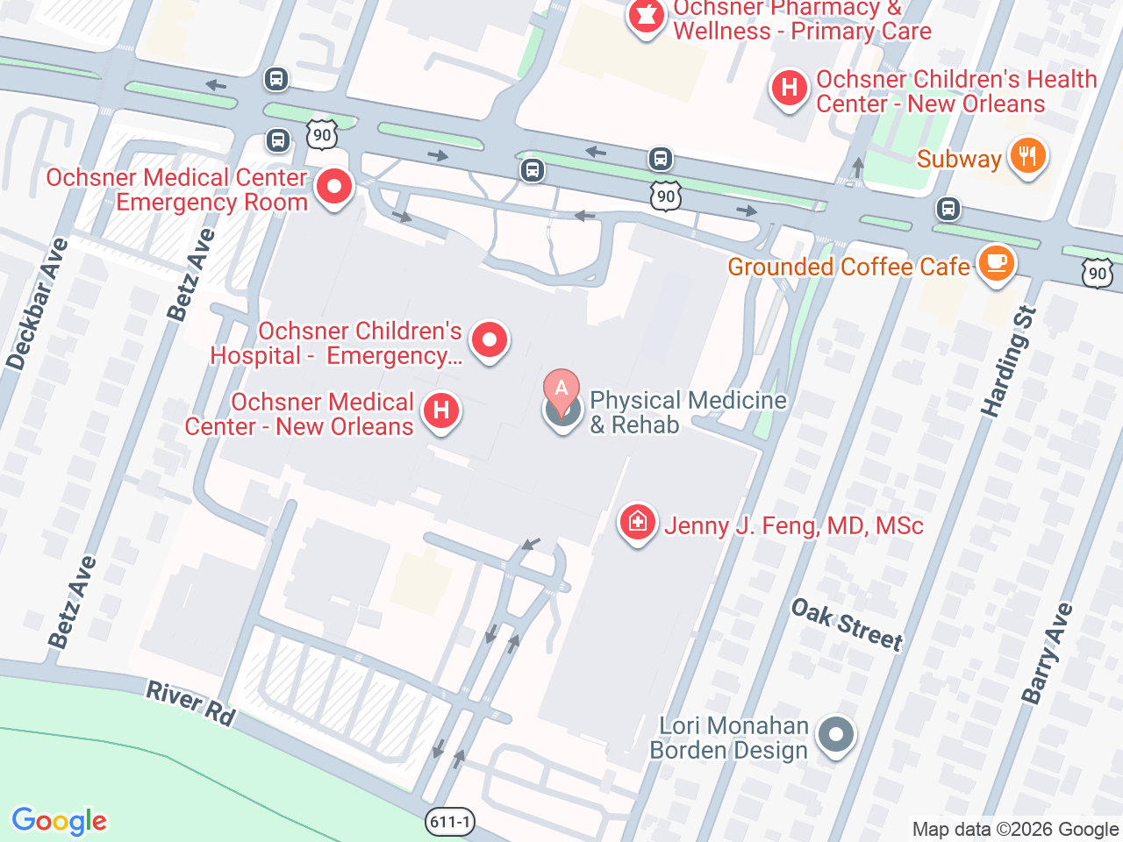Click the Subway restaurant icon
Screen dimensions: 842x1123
(x=1026, y=157)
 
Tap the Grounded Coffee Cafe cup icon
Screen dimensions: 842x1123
(x=996, y=263)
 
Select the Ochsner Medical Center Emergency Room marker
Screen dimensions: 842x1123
(x=333, y=187)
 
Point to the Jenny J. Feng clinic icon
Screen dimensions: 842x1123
(x=638, y=523)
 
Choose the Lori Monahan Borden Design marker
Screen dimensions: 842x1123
(x=835, y=735)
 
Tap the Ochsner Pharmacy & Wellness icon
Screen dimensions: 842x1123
(x=647, y=17)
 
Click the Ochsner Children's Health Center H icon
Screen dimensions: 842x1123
(x=789, y=89)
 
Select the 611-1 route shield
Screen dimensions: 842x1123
(x=450, y=822)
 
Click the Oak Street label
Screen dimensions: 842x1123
(x=847, y=624)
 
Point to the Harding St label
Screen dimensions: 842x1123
(x=1009, y=361)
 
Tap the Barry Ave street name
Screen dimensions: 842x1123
(x=1047, y=653)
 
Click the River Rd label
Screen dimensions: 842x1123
(x=190, y=703)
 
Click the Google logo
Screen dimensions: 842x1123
(x=59, y=821)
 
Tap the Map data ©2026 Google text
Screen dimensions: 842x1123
(x=1015, y=829)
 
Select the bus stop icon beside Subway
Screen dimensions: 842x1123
(x=948, y=209)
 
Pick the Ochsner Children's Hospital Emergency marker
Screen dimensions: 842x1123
(x=490, y=339)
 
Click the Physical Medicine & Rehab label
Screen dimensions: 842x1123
(x=687, y=412)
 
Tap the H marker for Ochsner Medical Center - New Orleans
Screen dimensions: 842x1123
(x=441, y=410)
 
